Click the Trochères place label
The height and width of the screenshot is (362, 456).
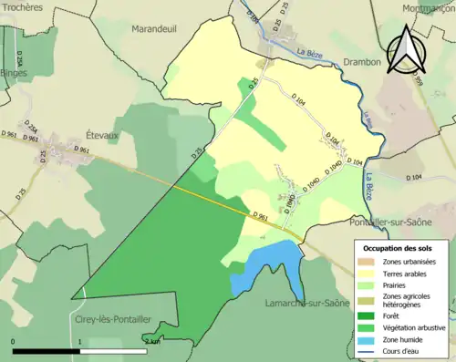click(x=21, y=7)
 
